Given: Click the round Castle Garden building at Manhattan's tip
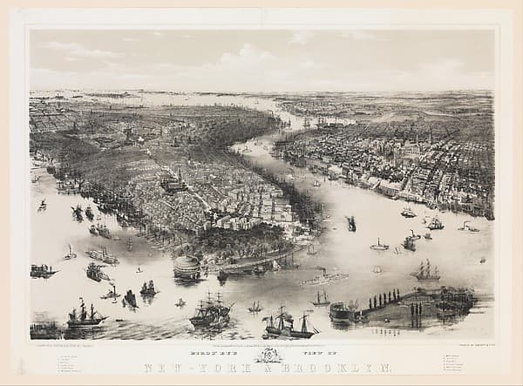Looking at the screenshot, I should tap(187, 266).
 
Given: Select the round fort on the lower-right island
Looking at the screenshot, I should tap(341, 310).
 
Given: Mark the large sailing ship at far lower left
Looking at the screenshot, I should tap(85, 314).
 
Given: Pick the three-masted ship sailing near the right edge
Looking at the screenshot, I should tap(426, 272).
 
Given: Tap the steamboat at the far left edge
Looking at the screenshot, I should tap(42, 271).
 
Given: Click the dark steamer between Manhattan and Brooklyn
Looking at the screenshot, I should tap(350, 223).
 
